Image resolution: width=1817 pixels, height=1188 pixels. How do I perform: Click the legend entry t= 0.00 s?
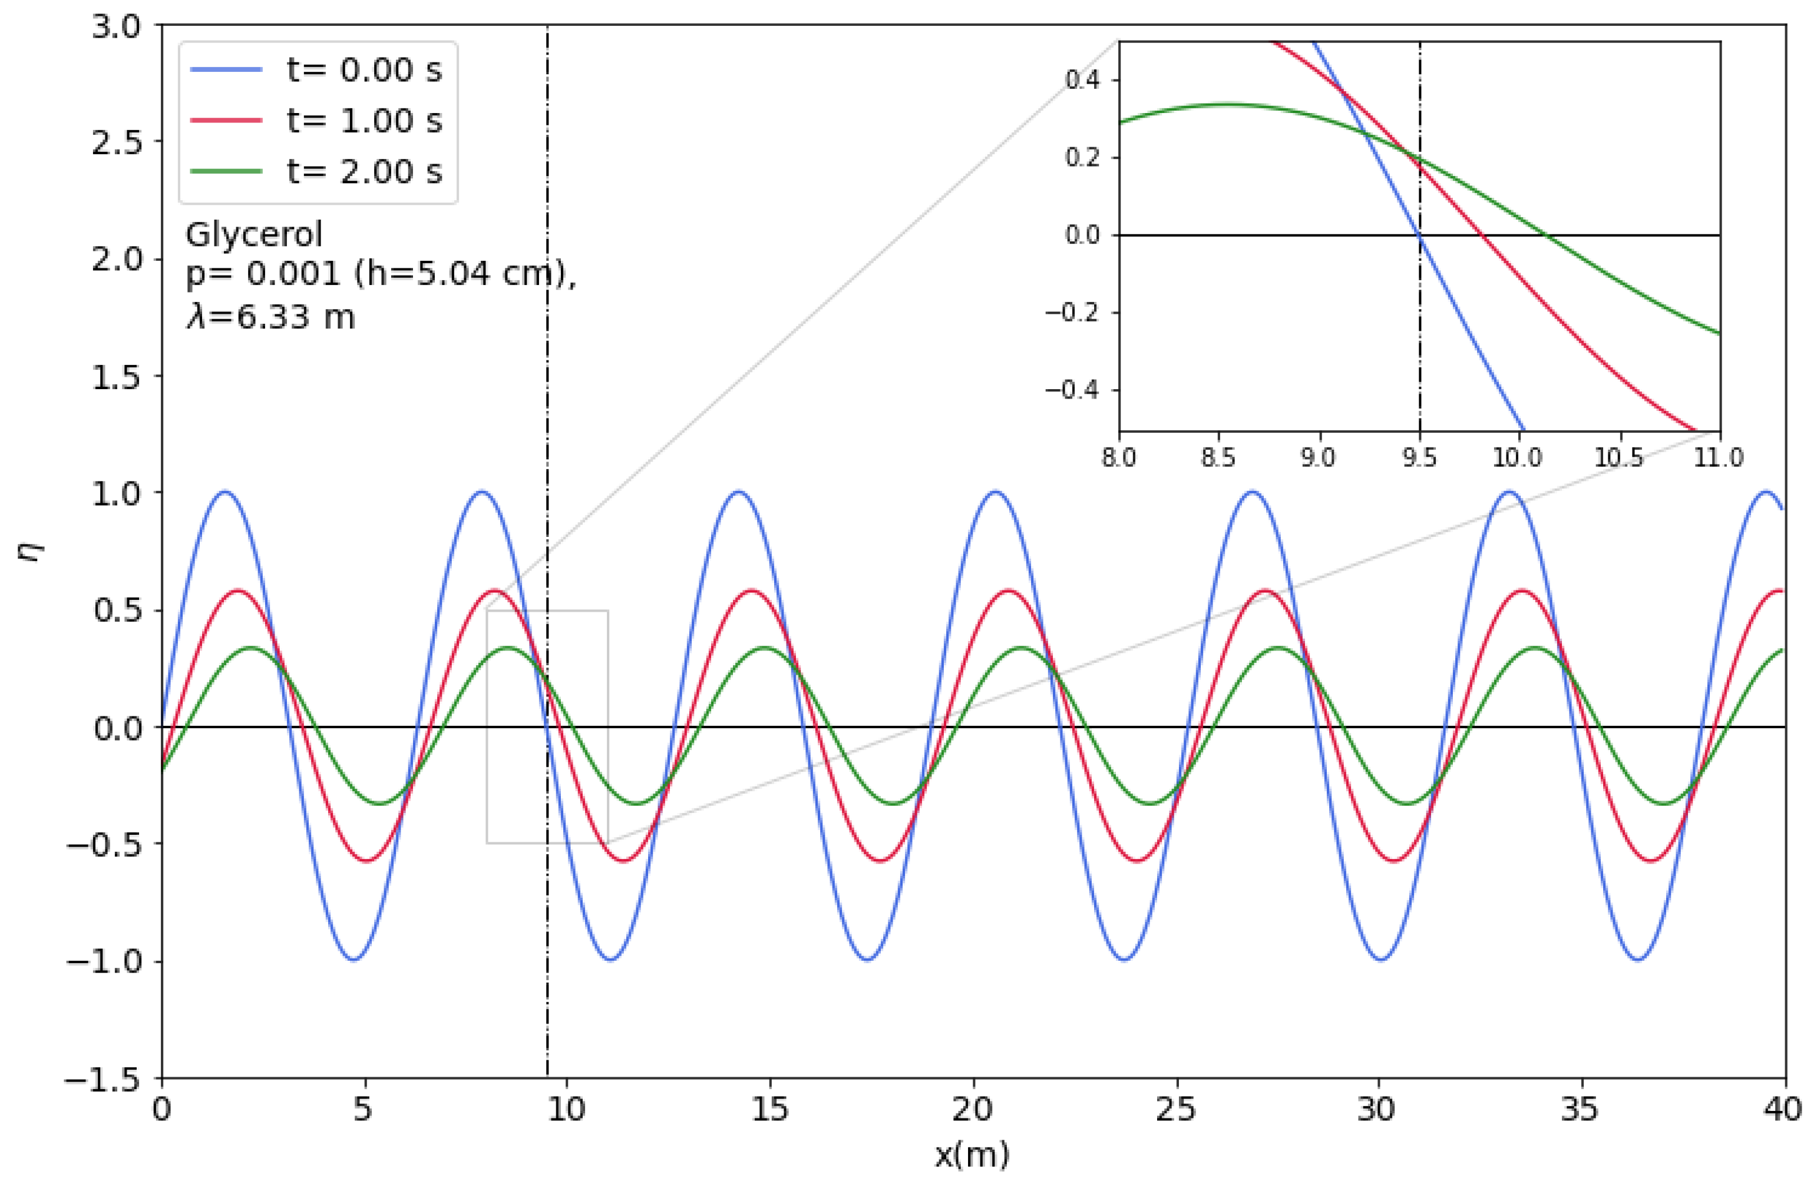click(x=364, y=70)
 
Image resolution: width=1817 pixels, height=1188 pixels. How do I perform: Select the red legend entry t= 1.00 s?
click(x=364, y=121)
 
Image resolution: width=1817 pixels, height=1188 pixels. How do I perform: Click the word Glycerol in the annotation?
click(x=255, y=234)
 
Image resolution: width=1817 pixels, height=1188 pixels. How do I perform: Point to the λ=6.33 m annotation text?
click(x=270, y=316)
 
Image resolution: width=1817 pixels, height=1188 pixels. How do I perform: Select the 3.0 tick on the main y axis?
click(x=116, y=26)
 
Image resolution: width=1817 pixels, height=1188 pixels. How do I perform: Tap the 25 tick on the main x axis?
click(x=1176, y=1110)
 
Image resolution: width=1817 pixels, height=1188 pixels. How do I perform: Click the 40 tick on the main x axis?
click(x=1783, y=1110)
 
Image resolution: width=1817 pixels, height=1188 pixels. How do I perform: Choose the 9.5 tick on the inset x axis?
click(x=1419, y=458)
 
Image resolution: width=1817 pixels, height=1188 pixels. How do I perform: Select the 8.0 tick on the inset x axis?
click(x=1119, y=458)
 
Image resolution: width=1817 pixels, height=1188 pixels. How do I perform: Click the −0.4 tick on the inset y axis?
click(x=1073, y=390)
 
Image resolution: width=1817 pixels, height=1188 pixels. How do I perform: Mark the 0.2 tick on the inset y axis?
click(x=1082, y=158)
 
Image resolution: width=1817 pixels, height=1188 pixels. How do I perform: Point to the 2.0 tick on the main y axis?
click(x=116, y=260)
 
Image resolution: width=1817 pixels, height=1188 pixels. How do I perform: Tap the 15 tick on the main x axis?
click(x=769, y=1110)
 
